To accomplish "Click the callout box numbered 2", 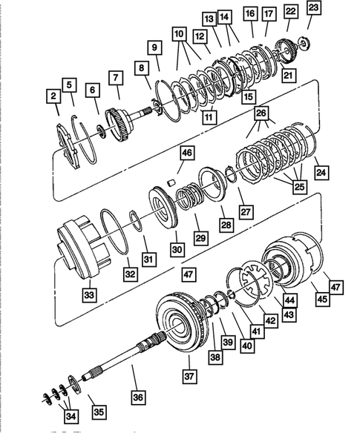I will point(53,96).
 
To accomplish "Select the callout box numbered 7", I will point(115,77).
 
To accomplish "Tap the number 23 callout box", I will point(313,8).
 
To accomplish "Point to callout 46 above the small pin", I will point(186,154).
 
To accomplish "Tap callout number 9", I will point(154,48).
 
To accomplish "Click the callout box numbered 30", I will point(176,250).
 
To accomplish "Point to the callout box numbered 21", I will point(287,74).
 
